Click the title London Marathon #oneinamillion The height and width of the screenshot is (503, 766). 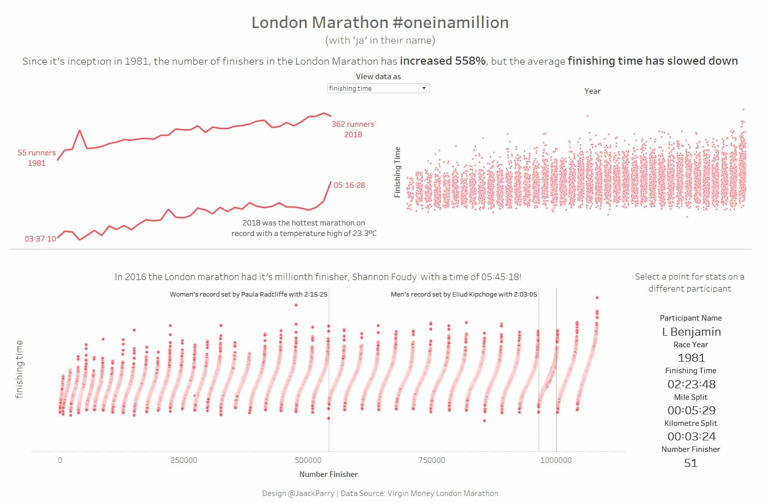coord(380,23)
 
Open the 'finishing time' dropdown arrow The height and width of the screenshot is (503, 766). coord(424,88)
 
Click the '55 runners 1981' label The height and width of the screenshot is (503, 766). coord(37,158)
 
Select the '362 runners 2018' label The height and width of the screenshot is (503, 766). coord(353,129)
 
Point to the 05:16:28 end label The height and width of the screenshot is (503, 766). coord(349,185)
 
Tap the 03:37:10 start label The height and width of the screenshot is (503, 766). coord(40,239)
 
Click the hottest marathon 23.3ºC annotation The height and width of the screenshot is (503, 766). coord(304,228)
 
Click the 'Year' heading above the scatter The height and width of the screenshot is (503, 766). coord(592,91)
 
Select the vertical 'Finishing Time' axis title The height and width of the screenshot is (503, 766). coord(398,172)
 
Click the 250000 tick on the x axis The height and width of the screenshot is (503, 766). coord(184,460)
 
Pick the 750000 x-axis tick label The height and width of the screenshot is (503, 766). coord(431,460)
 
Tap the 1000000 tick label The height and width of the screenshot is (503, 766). coord(556,460)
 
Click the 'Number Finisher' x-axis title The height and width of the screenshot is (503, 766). coord(329,474)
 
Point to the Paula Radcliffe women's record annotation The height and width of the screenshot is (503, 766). coord(248,295)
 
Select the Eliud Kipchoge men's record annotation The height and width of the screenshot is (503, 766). coord(463,295)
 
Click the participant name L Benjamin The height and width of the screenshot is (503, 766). coord(691,332)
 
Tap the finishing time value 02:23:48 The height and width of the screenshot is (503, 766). coord(691,384)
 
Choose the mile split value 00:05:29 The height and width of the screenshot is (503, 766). coord(691,410)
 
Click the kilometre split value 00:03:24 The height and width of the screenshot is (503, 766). coord(691,436)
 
